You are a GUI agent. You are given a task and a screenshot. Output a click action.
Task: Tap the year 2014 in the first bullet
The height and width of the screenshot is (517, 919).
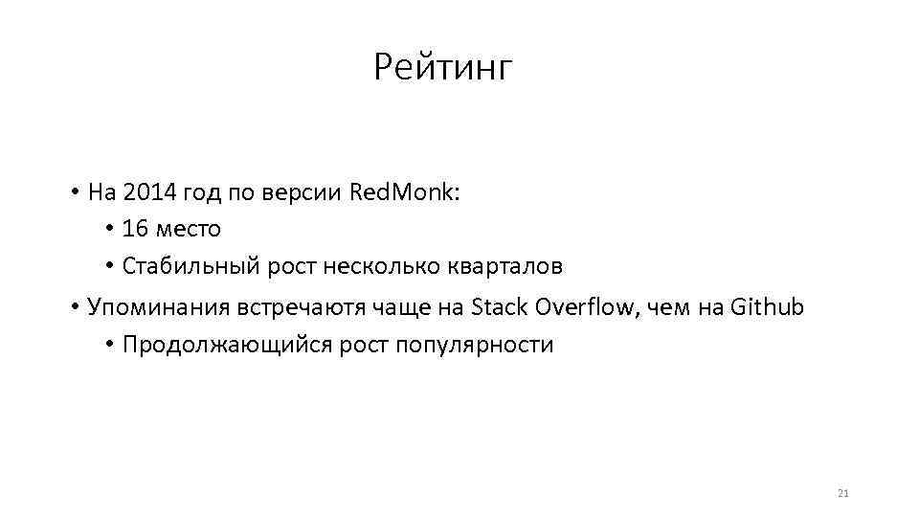click(145, 192)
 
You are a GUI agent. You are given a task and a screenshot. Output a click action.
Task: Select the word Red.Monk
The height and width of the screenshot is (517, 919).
click(405, 192)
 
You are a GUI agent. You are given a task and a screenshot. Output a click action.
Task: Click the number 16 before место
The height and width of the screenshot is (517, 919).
click(134, 230)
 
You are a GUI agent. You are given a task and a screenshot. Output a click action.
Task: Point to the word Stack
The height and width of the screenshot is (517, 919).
click(502, 307)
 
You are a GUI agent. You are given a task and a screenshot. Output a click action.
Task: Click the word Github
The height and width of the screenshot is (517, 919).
click(767, 307)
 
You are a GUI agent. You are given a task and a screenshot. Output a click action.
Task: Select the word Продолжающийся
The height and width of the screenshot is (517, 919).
click(227, 346)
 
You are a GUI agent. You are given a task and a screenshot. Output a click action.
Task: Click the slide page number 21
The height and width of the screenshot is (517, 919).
click(842, 494)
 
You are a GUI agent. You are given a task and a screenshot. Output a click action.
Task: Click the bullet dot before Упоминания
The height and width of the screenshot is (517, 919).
click(74, 308)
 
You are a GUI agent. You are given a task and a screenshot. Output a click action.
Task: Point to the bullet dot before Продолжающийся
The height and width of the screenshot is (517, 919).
click(110, 346)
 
